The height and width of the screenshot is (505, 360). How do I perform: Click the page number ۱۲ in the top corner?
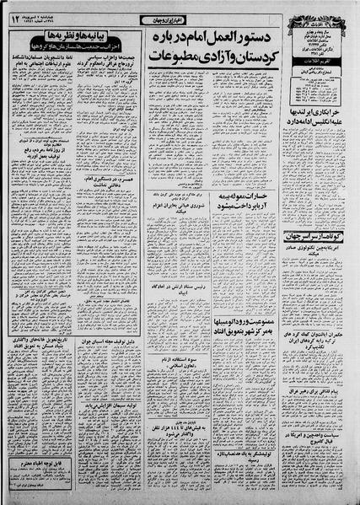coord(16,16)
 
